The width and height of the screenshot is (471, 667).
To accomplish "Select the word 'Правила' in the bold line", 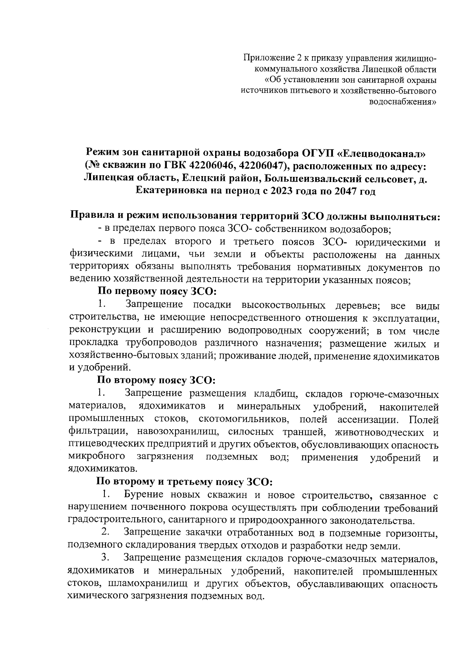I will pyautogui.click(x=90, y=216).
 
